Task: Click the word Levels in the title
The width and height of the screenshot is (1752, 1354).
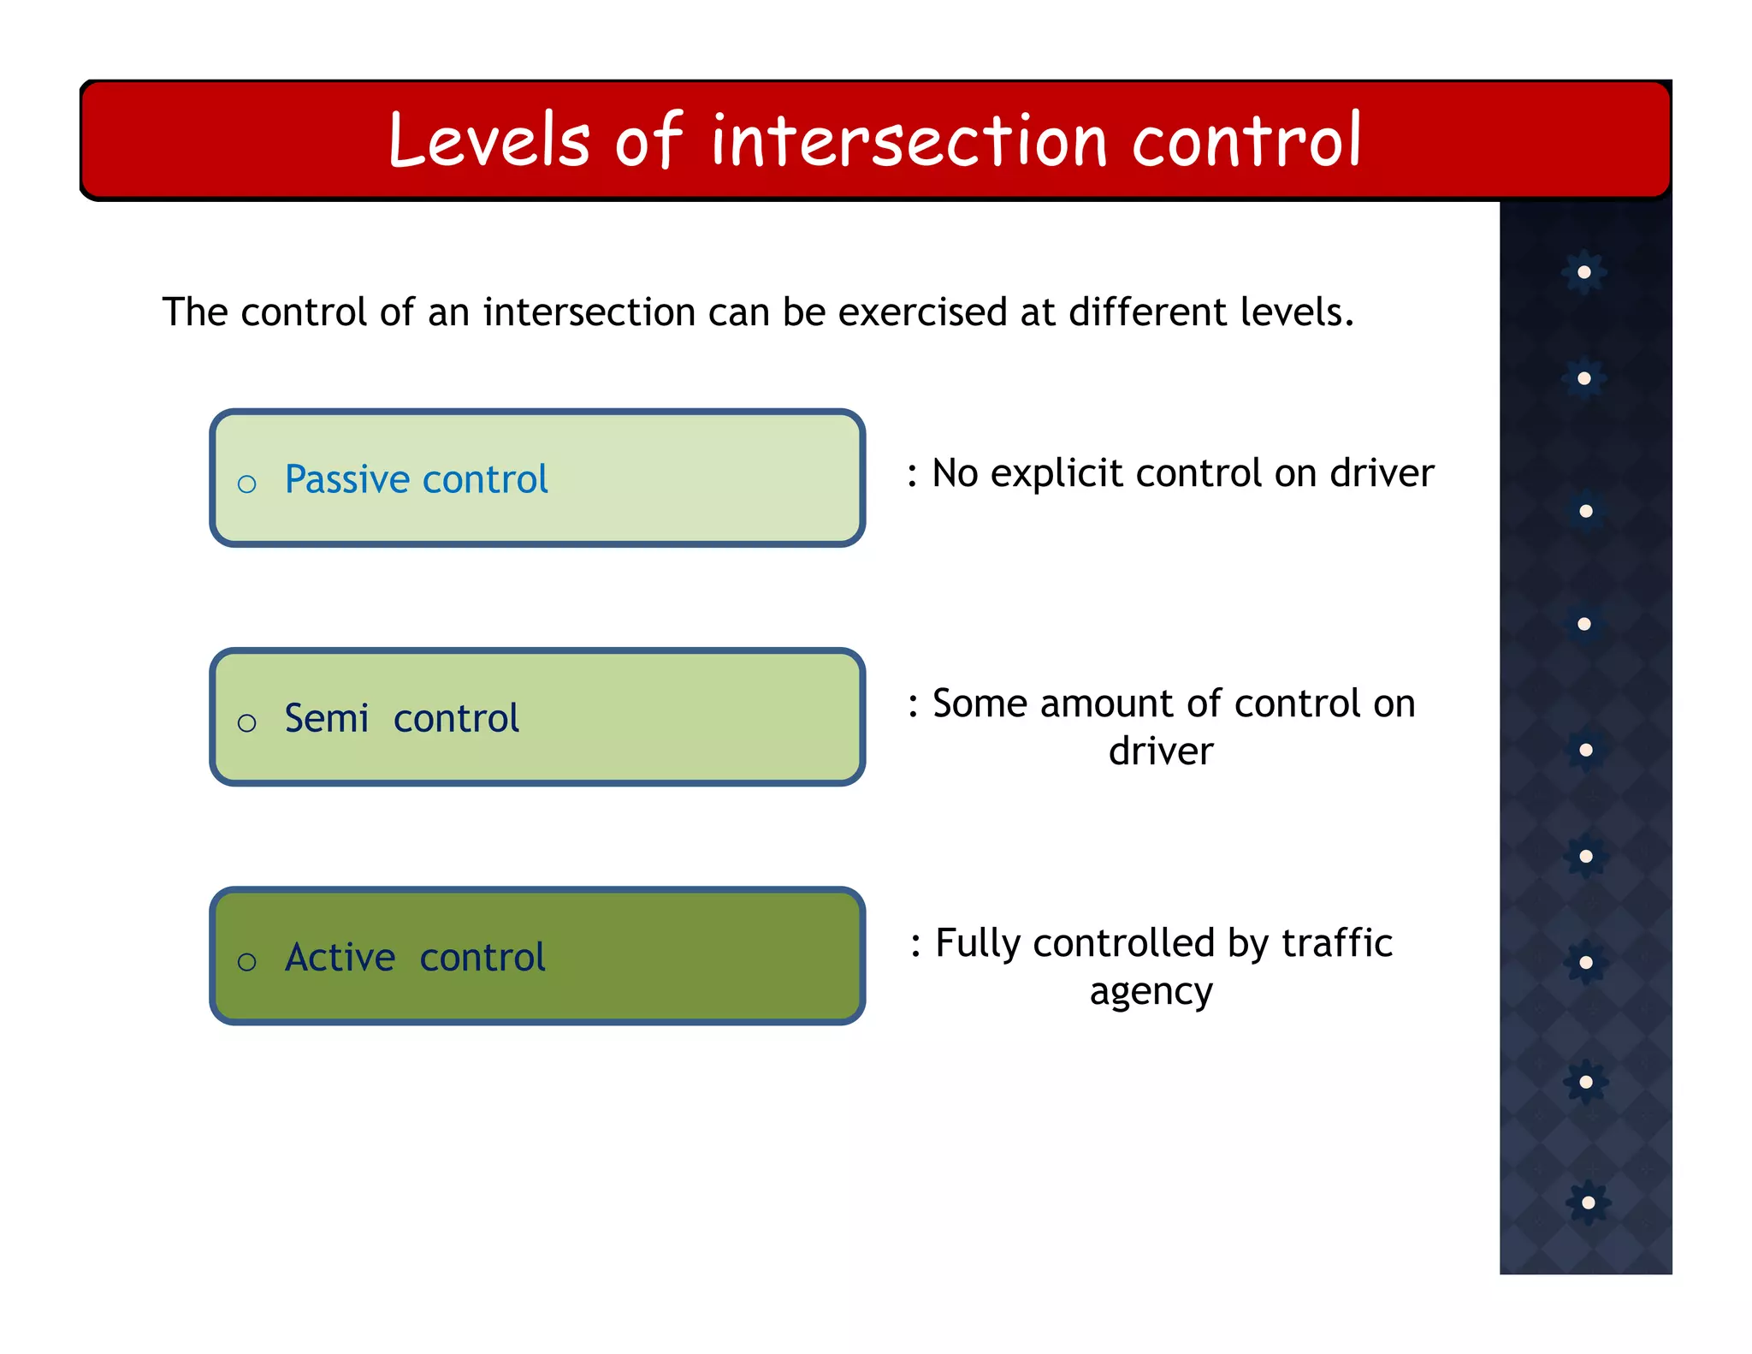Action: coord(489,140)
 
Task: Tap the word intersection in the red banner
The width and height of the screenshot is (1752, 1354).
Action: coord(909,140)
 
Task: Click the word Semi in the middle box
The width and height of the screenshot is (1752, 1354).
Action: coord(326,718)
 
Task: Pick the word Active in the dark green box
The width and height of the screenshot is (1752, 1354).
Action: coord(340,957)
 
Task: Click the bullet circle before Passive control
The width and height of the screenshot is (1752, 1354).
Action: coord(246,484)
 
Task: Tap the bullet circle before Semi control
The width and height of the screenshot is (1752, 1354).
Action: coord(246,723)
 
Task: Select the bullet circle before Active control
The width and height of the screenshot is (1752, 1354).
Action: coord(246,962)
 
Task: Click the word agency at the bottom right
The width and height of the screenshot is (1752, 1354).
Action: coord(1151,991)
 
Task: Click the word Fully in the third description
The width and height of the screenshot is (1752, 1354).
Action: coord(978,943)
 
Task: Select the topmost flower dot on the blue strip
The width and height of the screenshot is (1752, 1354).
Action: coord(1584,272)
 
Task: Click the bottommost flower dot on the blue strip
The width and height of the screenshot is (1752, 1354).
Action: coord(1588,1203)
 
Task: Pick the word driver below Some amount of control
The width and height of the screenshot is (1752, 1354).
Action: coord(1160,751)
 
